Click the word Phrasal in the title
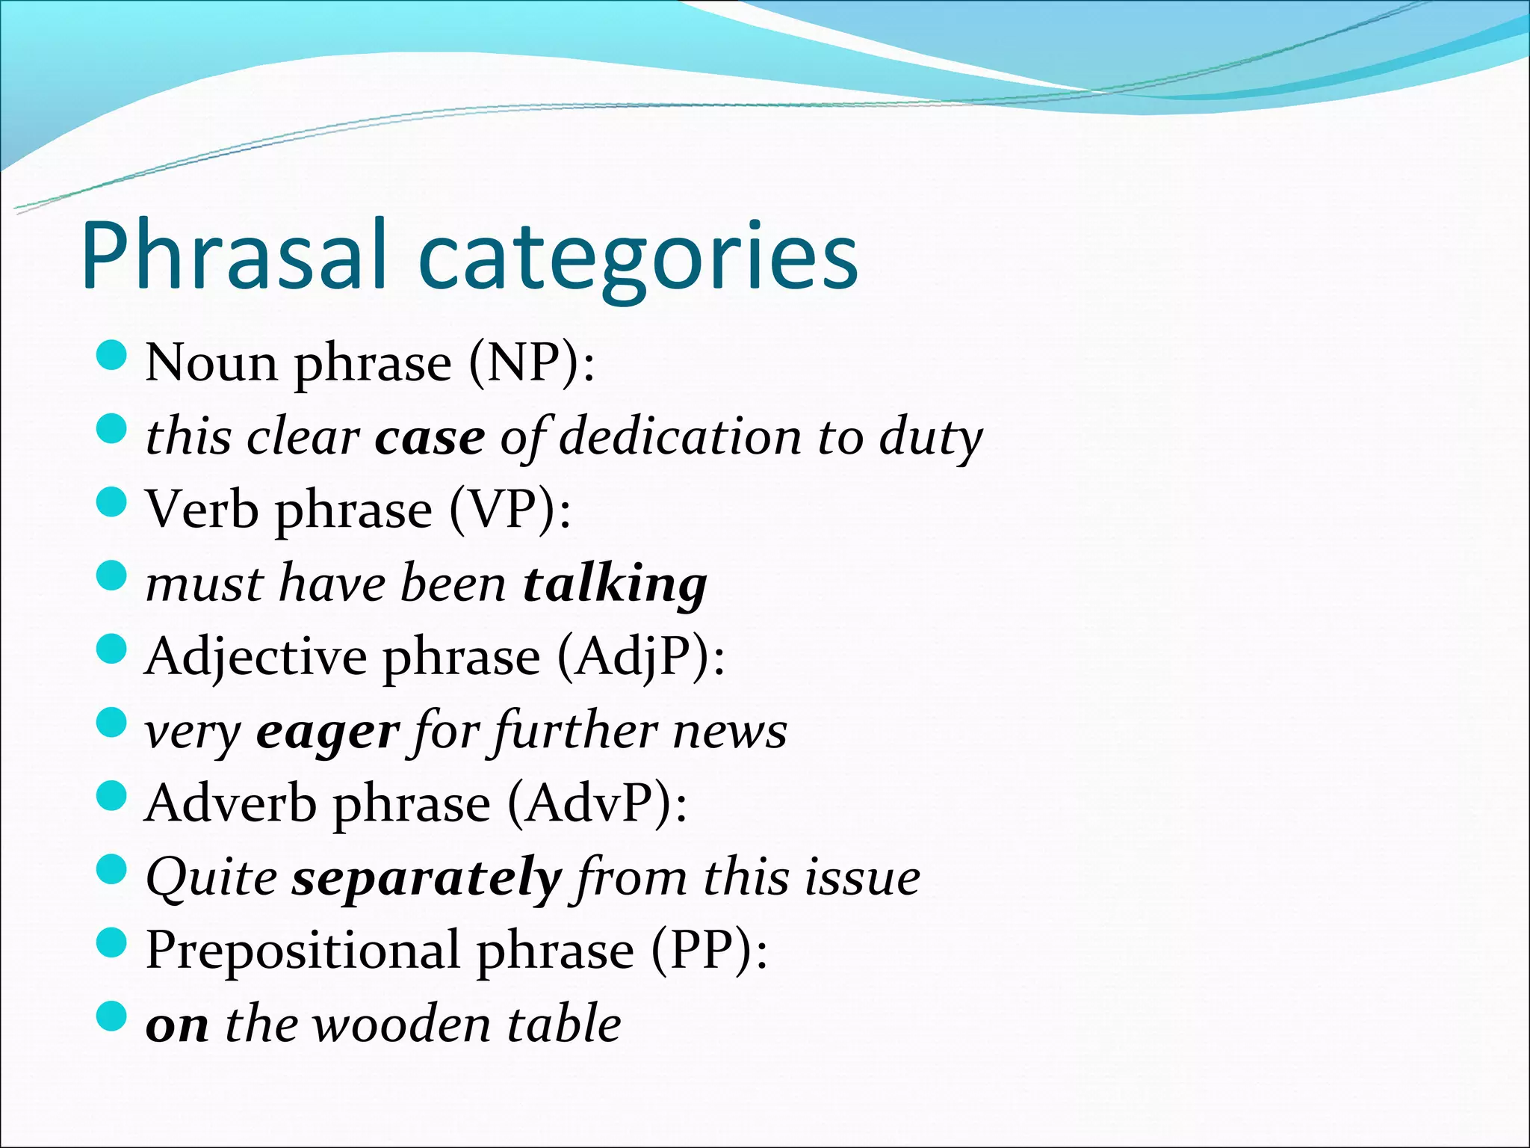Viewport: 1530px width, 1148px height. [235, 256]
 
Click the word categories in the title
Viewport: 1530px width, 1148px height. [638, 259]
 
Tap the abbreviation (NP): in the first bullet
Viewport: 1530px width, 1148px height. [532, 364]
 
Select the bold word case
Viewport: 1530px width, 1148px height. [430, 438]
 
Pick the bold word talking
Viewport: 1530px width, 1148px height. [615, 584]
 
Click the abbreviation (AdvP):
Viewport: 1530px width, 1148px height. [597, 804]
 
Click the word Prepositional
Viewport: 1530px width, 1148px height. [303, 951]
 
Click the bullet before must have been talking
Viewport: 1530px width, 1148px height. [112, 577]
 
